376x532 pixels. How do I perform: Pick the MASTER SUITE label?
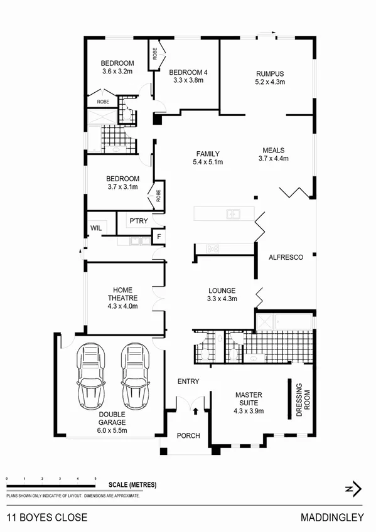coord(249,398)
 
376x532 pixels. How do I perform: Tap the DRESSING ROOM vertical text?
coord(303,399)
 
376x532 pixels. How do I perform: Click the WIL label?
coord(96,227)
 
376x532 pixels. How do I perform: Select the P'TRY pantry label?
coord(137,221)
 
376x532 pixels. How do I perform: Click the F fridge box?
coord(159,237)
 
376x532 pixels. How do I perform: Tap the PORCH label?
coord(188,435)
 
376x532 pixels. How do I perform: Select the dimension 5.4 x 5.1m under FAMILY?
coord(208,162)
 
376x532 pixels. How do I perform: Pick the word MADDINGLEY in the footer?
coord(340,518)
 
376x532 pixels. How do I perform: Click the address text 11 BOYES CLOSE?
coord(47,518)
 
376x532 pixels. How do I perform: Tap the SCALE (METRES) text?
coord(132,485)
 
